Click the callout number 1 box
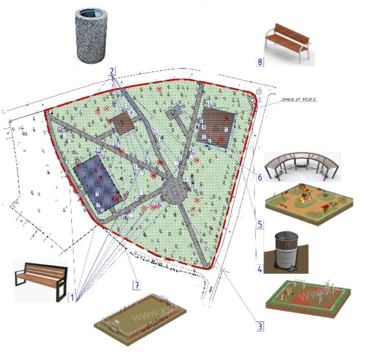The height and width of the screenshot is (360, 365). click(71, 298)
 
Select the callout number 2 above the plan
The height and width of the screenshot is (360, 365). click(112, 71)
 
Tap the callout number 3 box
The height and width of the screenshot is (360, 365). click(259, 326)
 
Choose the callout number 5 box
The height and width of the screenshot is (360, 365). click(260, 224)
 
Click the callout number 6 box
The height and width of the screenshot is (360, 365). click(260, 177)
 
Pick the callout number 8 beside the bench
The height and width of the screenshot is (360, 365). click(260, 62)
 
